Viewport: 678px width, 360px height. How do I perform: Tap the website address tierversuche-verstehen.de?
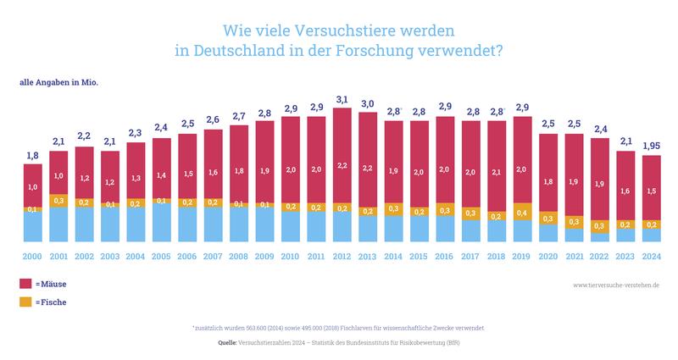(615, 285)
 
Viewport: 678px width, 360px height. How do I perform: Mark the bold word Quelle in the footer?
(228, 342)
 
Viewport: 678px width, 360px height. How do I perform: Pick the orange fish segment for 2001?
(59, 201)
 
